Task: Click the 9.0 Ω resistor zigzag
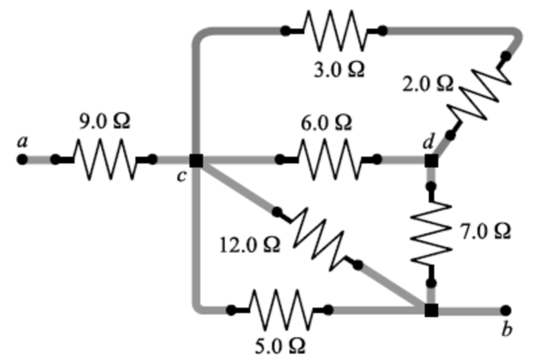pyautogui.click(x=104, y=160)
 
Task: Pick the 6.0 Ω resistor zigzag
pyautogui.click(x=328, y=160)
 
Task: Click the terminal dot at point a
pyautogui.click(x=21, y=160)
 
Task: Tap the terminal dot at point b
pyautogui.click(x=506, y=310)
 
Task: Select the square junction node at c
pyautogui.click(x=196, y=160)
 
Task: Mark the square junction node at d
pyautogui.click(x=431, y=160)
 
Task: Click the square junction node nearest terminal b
pyautogui.click(x=431, y=310)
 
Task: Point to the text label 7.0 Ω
pyautogui.click(x=485, y=231)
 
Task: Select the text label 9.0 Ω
pyautogui.click(x=105, y=121)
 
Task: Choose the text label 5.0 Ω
pyautogui.click(x=279, y=345)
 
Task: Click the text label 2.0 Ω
pyautogui.click(x=428, y=84)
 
